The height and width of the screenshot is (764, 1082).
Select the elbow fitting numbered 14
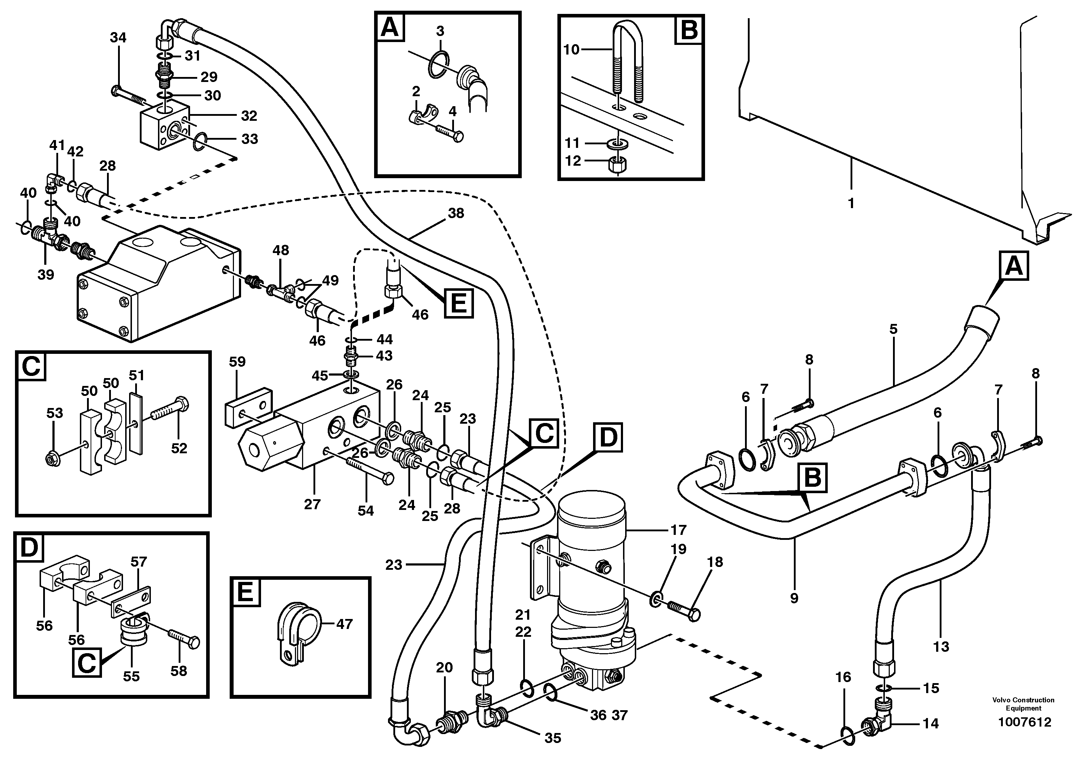pos(880,722)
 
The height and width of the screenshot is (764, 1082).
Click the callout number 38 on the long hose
pos(455,213)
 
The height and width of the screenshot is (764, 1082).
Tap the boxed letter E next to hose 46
pos(459,303)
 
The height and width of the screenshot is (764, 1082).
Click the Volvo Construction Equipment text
pos(1023,704)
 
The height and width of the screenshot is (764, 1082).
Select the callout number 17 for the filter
pos(678,530)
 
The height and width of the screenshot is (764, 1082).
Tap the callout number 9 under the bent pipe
pos(794,598)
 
